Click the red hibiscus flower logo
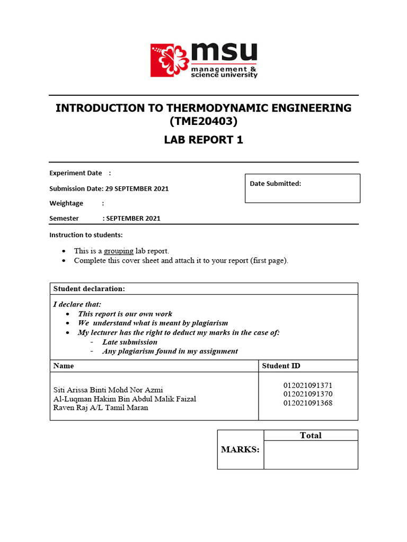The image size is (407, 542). tap(169, 60)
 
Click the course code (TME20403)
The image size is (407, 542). tap(203, 122)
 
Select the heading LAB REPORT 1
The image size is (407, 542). tap(203, 140)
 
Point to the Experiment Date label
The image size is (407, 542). tap(76, 173)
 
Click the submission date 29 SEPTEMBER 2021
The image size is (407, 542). tap(137, 188)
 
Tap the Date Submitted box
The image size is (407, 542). tap(302, 188)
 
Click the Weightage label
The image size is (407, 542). tap(66, 203)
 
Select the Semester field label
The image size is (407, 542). tap(64, 218)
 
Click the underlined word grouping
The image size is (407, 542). tap(118, 251)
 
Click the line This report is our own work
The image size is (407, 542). tap(125, 314)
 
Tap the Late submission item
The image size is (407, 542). tap(130, 342)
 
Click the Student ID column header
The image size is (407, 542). tap(281, 366)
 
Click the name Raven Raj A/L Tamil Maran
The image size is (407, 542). tap(101, 408)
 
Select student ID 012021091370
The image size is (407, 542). tap(308, 394)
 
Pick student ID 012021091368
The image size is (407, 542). tap(308, 403)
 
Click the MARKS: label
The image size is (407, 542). tap(240, 449)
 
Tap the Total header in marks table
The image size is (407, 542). tap(311, 436)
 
